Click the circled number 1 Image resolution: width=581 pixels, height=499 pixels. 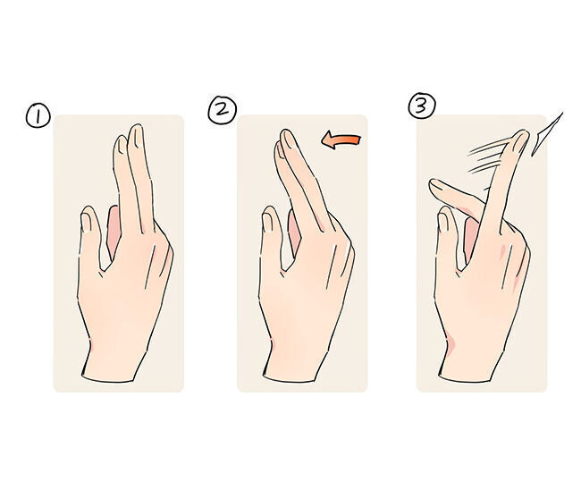pos(38,116)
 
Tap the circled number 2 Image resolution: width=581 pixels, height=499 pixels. pos(222,109)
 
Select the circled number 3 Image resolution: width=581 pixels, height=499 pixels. pos(422,106)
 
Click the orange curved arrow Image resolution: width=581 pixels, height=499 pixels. pos(341,141)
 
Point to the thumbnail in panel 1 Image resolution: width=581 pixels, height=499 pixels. pos(86,221)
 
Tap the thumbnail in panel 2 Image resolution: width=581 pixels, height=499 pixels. pos(267,222)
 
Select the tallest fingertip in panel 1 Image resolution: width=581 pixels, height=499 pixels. pos(136,128)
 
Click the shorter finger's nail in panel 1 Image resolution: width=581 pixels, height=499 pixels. pos(122,145)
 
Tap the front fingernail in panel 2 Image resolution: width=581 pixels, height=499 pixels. pos(289,140)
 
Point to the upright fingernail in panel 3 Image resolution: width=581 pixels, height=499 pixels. pos(520,141)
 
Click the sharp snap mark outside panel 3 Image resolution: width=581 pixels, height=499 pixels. pos(547,134)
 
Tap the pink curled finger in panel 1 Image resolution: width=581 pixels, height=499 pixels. pos(113,231)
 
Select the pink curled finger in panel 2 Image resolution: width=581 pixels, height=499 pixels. pos(295,233)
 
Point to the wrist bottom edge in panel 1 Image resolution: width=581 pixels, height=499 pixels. pos(108,380)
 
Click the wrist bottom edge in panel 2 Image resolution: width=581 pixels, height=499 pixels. pos(290,380)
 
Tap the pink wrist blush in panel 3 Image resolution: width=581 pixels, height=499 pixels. pos(451,343)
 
